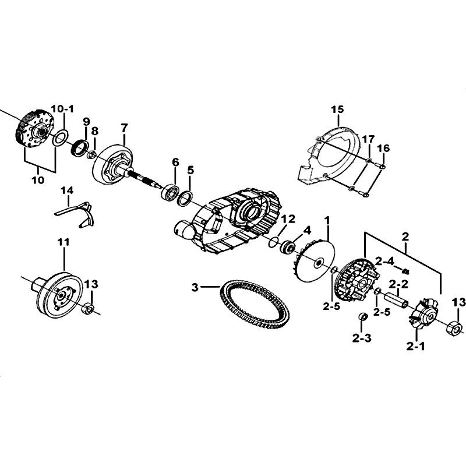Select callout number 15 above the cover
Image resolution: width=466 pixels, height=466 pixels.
click(337, 110)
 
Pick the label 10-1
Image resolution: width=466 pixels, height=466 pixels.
click(62, 109)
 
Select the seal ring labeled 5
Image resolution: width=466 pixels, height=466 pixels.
click(185, 199)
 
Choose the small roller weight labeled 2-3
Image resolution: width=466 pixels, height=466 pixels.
click(362, 317)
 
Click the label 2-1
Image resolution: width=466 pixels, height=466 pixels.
click(415, 346)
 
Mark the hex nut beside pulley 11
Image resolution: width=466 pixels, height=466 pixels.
click(88, 309)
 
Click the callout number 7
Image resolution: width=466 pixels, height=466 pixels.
click(124, 128)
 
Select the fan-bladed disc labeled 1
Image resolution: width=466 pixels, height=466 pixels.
click(312, 262)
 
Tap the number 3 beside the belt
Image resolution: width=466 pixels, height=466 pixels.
click(195, 287)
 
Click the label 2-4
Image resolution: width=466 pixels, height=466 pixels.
click(384, 262)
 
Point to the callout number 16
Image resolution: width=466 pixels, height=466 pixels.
click(383, 148)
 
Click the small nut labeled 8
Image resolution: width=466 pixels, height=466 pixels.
click(93, 154)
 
